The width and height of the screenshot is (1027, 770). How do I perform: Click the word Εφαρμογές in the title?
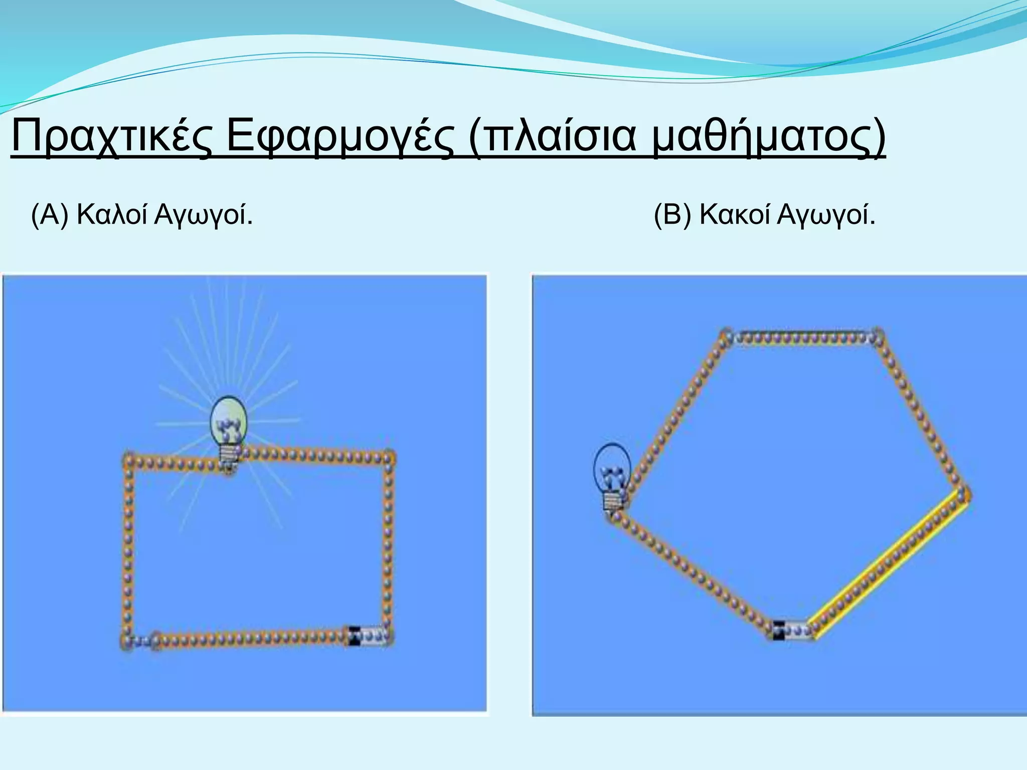tap(341, 138)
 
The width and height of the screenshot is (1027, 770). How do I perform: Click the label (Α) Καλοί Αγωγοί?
tap(142, 216)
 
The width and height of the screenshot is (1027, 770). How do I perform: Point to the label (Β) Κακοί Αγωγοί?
tap(765, 216)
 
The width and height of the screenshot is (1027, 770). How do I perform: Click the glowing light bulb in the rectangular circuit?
tap(229, 421)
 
